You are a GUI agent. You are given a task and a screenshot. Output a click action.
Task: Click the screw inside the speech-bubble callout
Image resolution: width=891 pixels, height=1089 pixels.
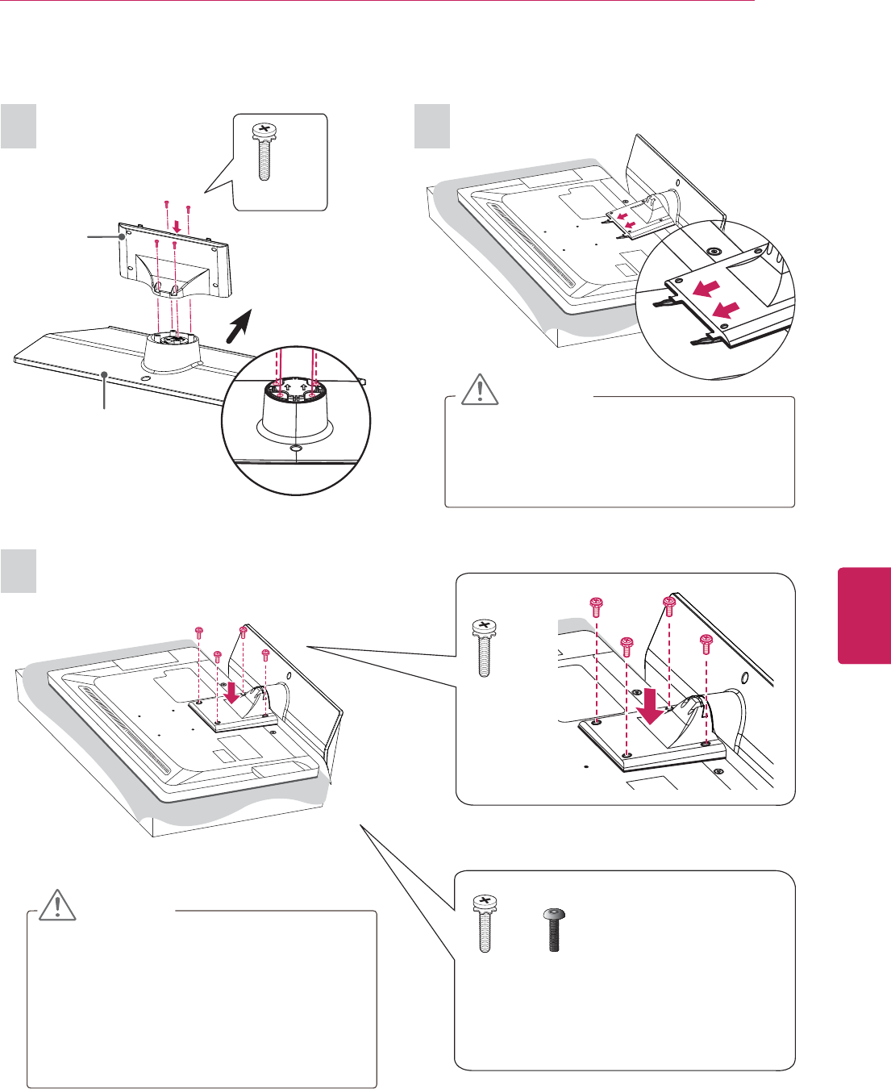pos(262,153)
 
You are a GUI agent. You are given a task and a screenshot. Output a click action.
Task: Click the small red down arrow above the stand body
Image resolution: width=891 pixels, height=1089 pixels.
pos(177,225)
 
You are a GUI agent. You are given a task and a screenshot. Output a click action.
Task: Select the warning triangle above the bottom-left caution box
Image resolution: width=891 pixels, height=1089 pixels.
pos(58,905)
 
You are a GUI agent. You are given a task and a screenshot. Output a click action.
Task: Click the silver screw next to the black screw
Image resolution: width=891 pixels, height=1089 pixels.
pos(485,924)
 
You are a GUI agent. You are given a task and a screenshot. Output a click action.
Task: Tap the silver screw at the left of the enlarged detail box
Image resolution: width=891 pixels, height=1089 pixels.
pos(484,648)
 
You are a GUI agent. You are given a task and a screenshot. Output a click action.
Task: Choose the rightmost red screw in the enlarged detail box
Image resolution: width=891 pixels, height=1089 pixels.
pos(706,643)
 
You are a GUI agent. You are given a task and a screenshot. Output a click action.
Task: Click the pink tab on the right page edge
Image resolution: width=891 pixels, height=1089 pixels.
pos(864,615)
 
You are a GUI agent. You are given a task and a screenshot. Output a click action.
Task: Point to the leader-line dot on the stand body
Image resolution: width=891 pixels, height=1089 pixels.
pos(123,236)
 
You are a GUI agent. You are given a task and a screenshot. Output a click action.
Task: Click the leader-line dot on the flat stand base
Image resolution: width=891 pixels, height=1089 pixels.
pos(105,373)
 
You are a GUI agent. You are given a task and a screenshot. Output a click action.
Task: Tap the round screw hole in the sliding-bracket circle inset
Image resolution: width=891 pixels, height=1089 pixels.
pos(712,250)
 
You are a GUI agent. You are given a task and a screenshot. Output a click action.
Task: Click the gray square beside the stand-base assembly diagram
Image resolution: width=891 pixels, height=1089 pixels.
pos(19,126)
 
